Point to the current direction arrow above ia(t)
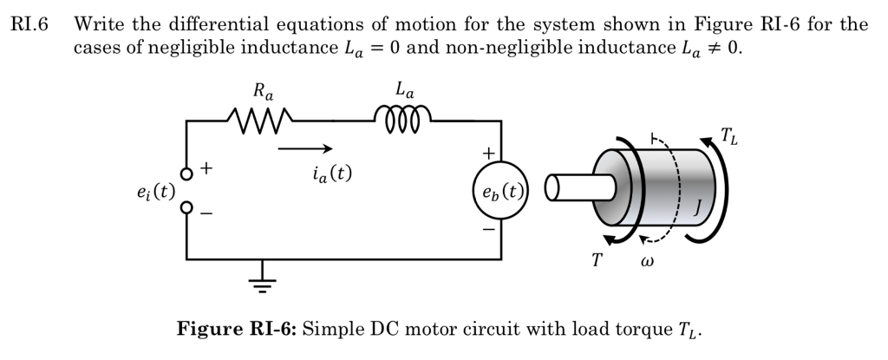click(304, 147)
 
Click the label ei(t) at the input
click(155, 192)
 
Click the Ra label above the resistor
click(261, 90)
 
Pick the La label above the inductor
click(404, 89)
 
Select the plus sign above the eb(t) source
click(489, 153)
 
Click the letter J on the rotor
click(698, 206)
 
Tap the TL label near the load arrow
click(730, 135)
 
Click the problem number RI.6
click(29, 25)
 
